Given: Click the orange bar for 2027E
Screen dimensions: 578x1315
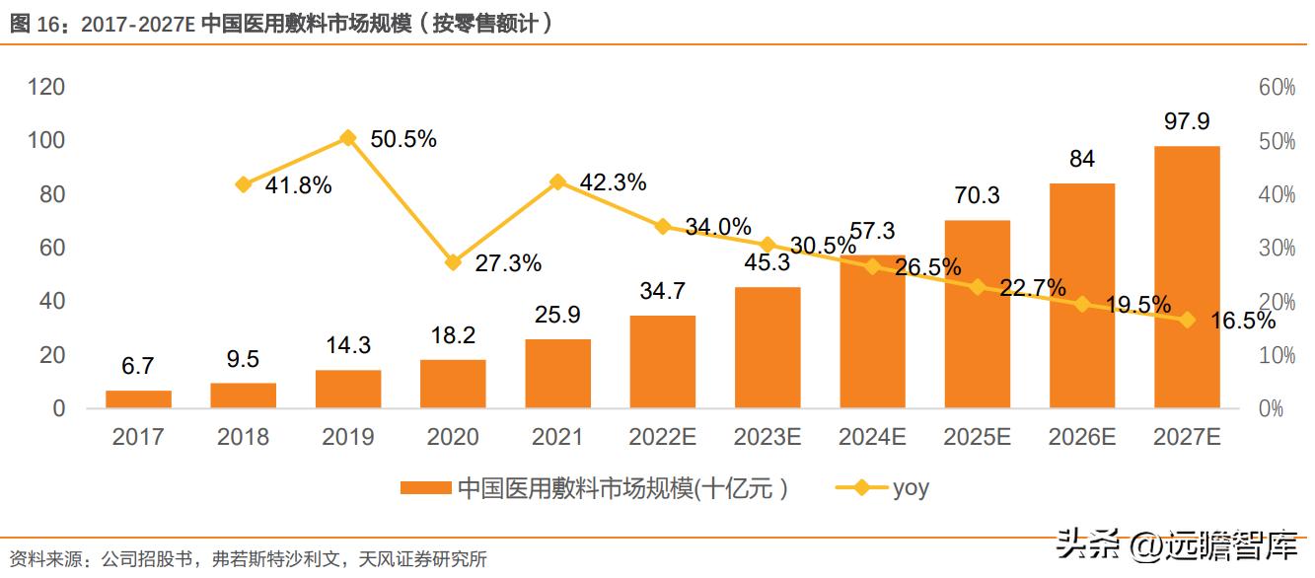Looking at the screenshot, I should pos(1187,277).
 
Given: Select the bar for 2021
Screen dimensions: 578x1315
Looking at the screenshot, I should pos(557,374).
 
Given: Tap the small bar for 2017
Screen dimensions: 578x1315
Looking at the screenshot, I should pos(138,399).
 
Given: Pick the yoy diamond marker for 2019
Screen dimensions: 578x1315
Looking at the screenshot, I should pos(347,138).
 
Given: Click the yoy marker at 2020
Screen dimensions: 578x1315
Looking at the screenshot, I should pos(453,262).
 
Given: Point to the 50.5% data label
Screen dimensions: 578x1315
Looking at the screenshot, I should pos(403,140).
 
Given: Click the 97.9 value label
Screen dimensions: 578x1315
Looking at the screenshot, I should pos(1187,122).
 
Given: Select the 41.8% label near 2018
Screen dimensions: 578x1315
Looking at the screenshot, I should pos(298,184).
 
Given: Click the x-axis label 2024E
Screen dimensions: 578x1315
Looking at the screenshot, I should pos(872,437).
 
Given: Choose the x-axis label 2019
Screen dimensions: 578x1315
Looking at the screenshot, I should pos(347,437).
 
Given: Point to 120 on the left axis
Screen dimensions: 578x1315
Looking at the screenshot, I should pos(45,88).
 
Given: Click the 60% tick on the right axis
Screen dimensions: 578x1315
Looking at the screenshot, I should pos(1277,88).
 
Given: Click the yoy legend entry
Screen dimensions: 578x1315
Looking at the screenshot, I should pos(883,487).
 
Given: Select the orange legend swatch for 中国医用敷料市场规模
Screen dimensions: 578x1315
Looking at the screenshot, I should pos(426,487).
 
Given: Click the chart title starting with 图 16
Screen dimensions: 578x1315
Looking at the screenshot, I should pos(281,24).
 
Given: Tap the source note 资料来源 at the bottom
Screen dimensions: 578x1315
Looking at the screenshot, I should pos(247,559).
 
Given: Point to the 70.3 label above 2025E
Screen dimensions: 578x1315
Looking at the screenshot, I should pos(977,196).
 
